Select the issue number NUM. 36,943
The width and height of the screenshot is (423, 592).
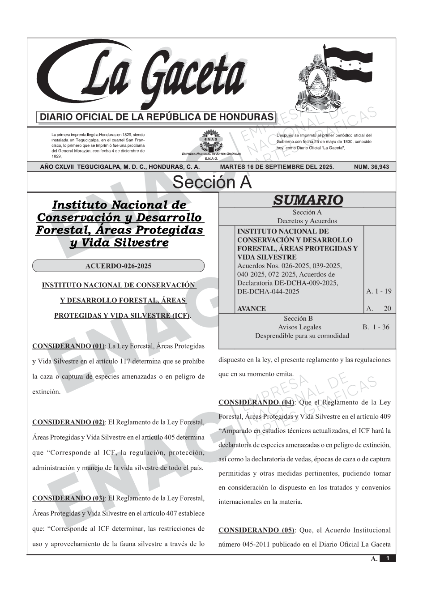(x=371, y=167)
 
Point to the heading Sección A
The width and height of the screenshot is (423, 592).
(x=212, y=183)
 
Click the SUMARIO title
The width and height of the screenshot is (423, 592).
(x=308, y=200)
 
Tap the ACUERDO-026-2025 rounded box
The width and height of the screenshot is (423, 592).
(x=118, y=266)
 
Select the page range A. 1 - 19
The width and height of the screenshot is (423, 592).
(x=379, y=291)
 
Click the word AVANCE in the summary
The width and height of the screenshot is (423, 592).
(x=251, y=309)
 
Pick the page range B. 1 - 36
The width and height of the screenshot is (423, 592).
(x=376, y=327)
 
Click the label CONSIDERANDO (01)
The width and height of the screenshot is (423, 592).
(x=68, y=346)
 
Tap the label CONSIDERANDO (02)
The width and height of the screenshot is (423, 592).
(x=68, y=422)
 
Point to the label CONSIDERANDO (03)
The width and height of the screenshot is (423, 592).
(x=68, y=498)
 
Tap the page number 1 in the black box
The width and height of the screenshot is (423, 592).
(x=388, y=558)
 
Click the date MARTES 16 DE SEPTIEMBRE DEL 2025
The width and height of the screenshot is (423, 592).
(x=277, y=167)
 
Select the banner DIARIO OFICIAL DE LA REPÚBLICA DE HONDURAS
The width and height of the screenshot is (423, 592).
(x=157, y=117)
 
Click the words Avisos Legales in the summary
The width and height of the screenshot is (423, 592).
(x=299, y=327)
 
